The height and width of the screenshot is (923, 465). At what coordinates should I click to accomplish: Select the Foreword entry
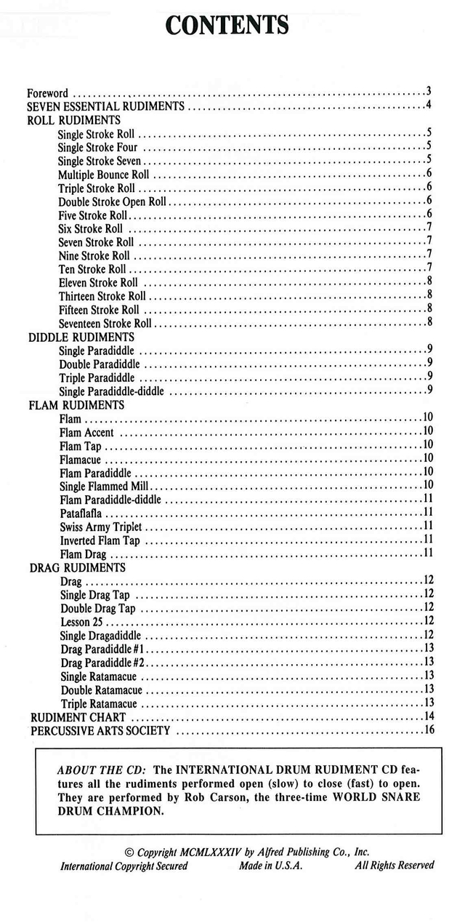click(x=48, y=93)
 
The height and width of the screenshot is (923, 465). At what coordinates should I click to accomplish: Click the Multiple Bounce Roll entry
click(x=104, y=175)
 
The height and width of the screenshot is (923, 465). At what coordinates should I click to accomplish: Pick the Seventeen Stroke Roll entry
click(x=105, y=323)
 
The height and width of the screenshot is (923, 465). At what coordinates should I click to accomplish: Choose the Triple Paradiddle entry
click(x=97, y=377)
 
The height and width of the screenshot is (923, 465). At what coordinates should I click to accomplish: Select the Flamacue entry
click(x=81, y=459)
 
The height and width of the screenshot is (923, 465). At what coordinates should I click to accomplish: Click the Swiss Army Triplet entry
click(x=101, y=527)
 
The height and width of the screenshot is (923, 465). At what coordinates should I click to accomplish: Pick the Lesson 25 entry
click(x=85, y=622)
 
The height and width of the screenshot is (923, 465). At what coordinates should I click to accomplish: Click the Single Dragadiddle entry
click(x=100, y=636)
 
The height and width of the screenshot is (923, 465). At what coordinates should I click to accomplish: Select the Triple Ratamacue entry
click(x=99, y=703)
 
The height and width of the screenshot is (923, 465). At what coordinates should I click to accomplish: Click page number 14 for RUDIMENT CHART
click(x=428, y=716)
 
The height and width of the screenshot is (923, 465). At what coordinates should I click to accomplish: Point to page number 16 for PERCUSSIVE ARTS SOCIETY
click(x=428, y=730)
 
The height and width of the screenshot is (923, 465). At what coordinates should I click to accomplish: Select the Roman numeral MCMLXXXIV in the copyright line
click(x=213, y=852)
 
